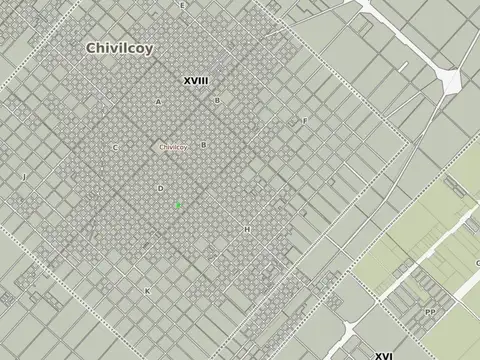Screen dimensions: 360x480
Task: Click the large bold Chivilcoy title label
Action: (x=119, y=47)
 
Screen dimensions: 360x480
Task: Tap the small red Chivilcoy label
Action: (x=173, y=147)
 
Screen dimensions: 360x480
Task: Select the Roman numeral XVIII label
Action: (x=196, y=80)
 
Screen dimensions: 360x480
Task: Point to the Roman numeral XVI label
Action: (x=384, y=354)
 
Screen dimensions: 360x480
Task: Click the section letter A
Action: (x=158, y=102)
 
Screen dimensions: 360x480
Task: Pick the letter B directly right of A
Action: (x=217, y=101)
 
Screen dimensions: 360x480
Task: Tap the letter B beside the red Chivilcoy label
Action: (x=203, y=145)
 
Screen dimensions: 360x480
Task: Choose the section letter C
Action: (x=115, y=148)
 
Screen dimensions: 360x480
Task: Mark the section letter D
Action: (x=160, y=188)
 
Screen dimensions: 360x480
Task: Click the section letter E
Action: (x=182, y=6)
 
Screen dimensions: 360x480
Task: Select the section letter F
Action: (x=305, y=121)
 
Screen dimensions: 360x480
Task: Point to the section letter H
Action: (x=246, y=229)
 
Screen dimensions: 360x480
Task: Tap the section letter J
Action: (x=23, y=177)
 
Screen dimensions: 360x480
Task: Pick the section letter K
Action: (x=147, y=291)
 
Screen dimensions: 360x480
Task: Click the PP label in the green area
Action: (x=429, y=312)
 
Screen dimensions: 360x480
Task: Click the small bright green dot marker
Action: (x=178, y=204)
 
